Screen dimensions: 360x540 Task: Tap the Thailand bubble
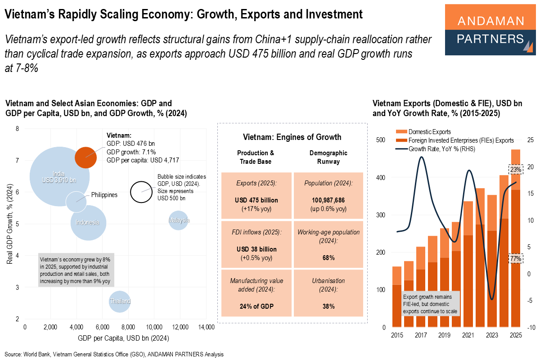point(120,301)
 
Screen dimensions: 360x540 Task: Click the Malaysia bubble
point(179,220)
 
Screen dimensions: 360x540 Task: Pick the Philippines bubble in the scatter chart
point(76,201)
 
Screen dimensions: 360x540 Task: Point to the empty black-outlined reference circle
point(141,192)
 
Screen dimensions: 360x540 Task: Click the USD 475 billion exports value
point(256,200)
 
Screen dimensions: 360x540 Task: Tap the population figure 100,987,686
point(328,200)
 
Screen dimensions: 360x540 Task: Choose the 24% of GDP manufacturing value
point(256,306)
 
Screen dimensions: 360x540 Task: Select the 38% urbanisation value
point(328,306)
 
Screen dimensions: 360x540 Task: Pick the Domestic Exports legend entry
point(429,132)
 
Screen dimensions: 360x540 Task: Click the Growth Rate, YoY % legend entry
point(441,148)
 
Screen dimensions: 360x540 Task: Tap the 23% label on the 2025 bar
point(515,170)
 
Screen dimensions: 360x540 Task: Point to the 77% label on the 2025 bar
point(515,259)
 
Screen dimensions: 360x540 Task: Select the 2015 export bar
point(397,297)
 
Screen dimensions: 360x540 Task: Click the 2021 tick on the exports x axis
point(468,335)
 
